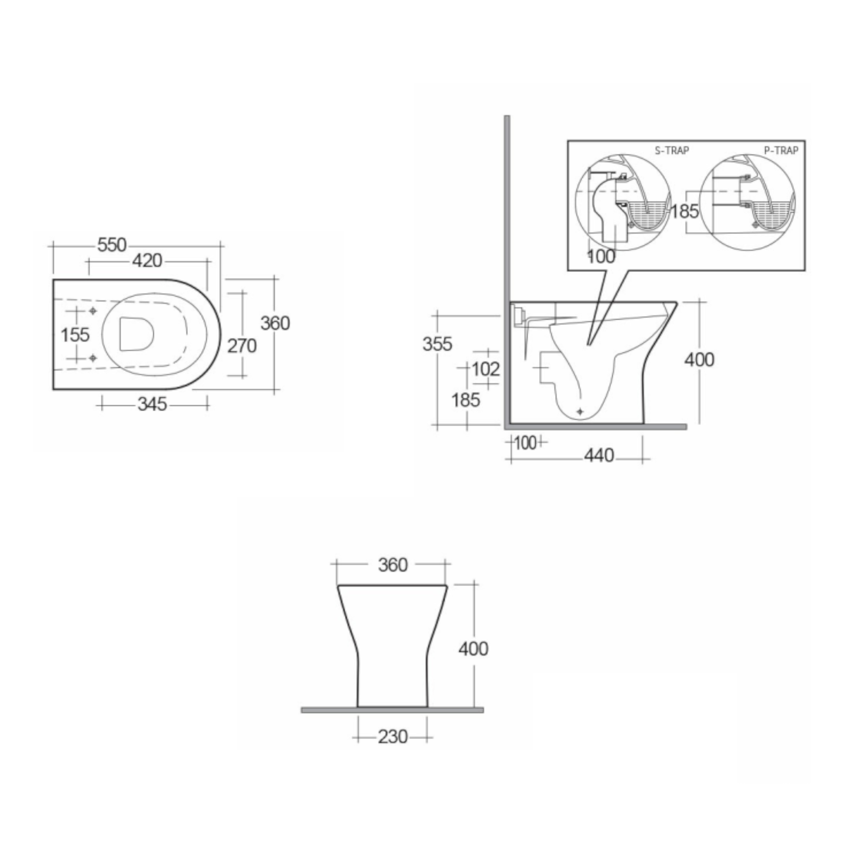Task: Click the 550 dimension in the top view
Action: click(x=112, y=245)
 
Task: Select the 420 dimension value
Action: click(x=147, y=260)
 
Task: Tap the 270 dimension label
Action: click(x=242, y=346)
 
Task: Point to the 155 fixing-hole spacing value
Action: click(x=75, y=335)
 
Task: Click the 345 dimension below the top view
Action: click(x=152, y=404)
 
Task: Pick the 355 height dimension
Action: click(x=437, y=344)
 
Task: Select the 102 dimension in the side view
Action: click(x=486, y=369)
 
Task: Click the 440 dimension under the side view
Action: click(x=599, y=456)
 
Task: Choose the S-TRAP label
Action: click(x=672, y=151)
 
